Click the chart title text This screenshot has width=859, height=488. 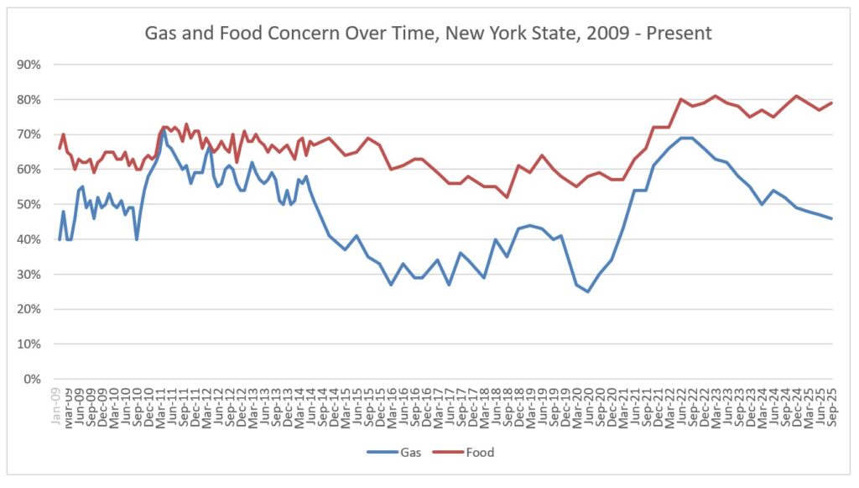[429, 34]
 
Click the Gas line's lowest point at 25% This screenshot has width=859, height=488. [588, 291]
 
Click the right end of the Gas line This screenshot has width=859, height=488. [830, 218]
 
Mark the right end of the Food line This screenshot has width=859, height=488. [830, 103]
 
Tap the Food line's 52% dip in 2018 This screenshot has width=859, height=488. [508, 197]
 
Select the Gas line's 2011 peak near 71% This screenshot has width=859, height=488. [162, 131]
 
